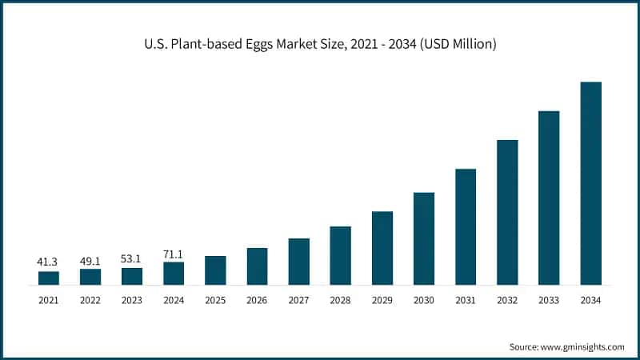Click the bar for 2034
[590, 183]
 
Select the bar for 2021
[49, 278]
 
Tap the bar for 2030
[424, 238]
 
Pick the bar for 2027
[299, 262]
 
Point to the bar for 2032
[507, 212]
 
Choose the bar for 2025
[215, 270]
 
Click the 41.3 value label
[49, 262]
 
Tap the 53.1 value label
[132, 258]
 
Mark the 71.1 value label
[174, 253]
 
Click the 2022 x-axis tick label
[90, 300]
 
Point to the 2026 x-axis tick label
[257, 300]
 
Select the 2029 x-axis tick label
[382, 300]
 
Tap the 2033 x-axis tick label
[549, 300]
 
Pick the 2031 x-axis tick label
[466, 300]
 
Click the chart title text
[320, 45]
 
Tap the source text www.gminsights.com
[566, 347]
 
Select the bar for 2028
[341, 255]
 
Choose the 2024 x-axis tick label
[174, 300]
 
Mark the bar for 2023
[132, 276]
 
